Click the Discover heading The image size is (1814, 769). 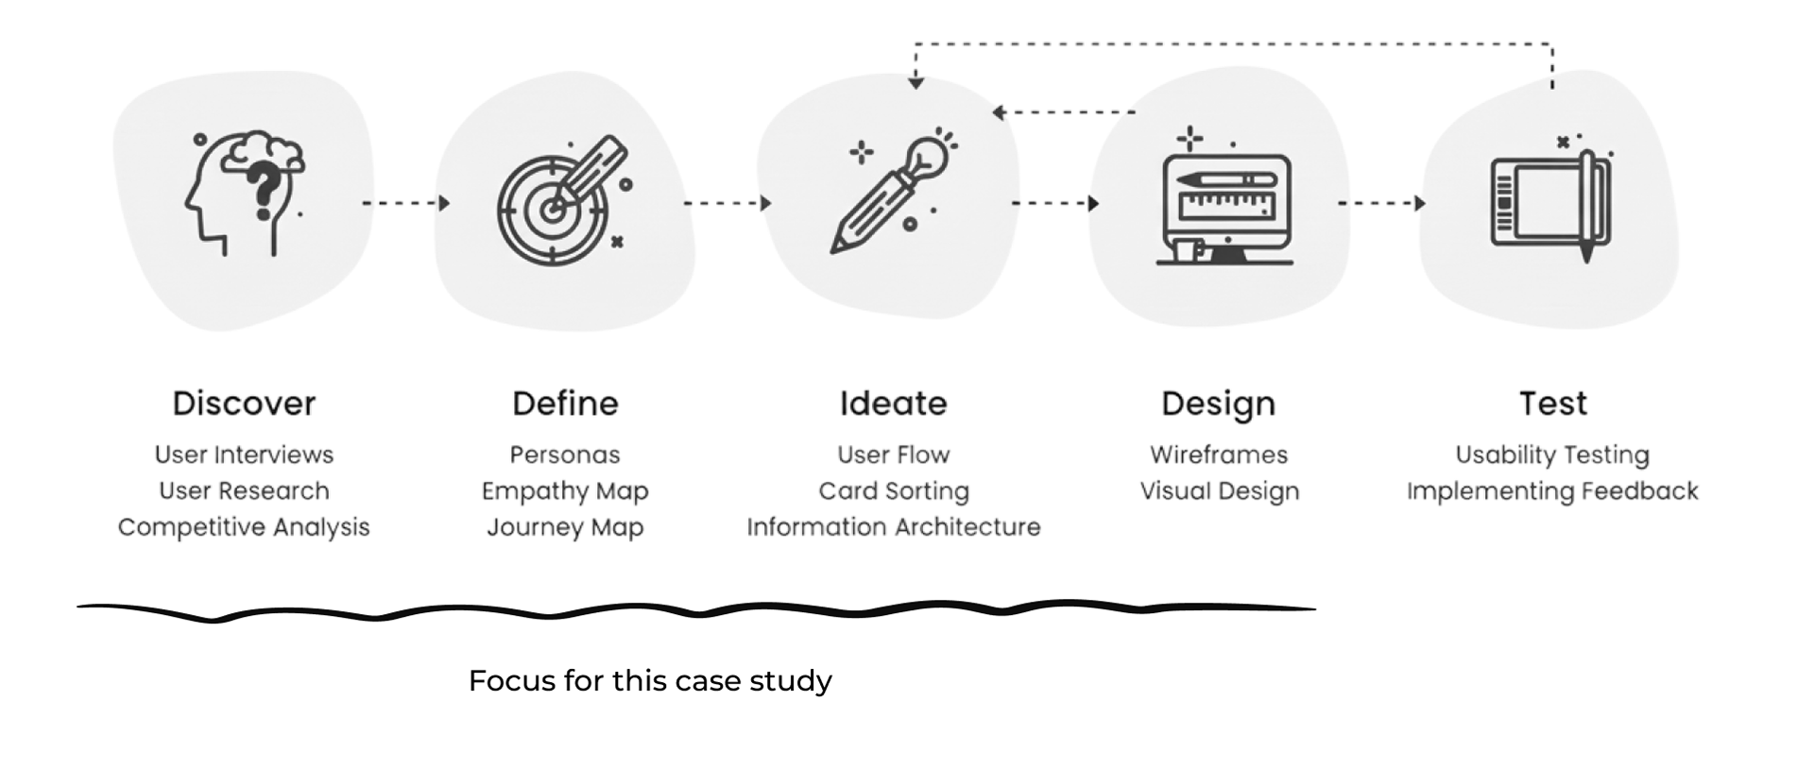pos(244,403)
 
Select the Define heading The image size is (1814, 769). pos(565,403)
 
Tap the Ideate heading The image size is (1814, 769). pos(893,403)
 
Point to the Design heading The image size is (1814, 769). pos(1218,403)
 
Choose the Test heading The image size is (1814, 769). pos(1552,403)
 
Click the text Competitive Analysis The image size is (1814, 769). pos(244,527)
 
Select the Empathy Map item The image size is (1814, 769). pos(565,491)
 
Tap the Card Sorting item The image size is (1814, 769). pos(893,491)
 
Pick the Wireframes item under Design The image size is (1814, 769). pos(1218,454)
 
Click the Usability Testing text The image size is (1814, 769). pos(1552,454)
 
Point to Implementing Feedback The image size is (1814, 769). pos(1552,491)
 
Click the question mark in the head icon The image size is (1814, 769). pos(264,189)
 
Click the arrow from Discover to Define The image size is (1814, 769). pos(405,203)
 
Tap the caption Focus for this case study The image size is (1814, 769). pos(650,681)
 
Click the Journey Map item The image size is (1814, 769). pos(565,527)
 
